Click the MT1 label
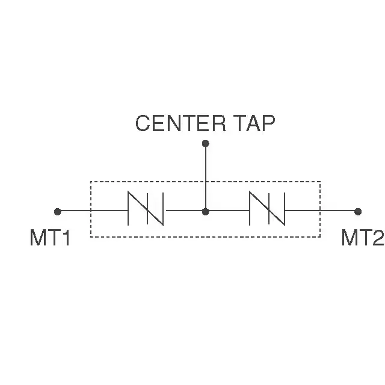coord(50,238)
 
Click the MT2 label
coord(363,238)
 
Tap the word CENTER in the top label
coord(180,123)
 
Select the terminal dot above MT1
coord(58,211)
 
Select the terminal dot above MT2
coord(358,211)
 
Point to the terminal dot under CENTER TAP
coord(206,143)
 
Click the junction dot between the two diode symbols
coord(206,211)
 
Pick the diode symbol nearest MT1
coord(146,208)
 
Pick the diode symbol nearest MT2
coord(267,208)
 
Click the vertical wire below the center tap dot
coord(206,177)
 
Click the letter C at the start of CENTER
coord(143,123)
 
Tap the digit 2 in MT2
coord(378,238)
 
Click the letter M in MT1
coord(37,238)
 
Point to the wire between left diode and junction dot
coord(184,211)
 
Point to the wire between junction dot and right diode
coord(229,211)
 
